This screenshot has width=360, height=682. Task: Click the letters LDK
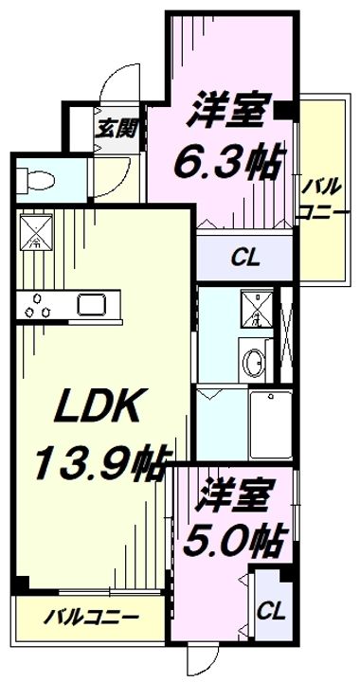87,410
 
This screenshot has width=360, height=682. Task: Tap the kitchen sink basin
93,305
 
